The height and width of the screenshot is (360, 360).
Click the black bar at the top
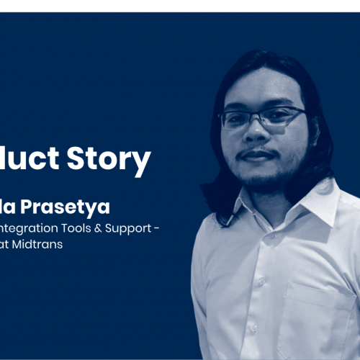click(180, 5)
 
